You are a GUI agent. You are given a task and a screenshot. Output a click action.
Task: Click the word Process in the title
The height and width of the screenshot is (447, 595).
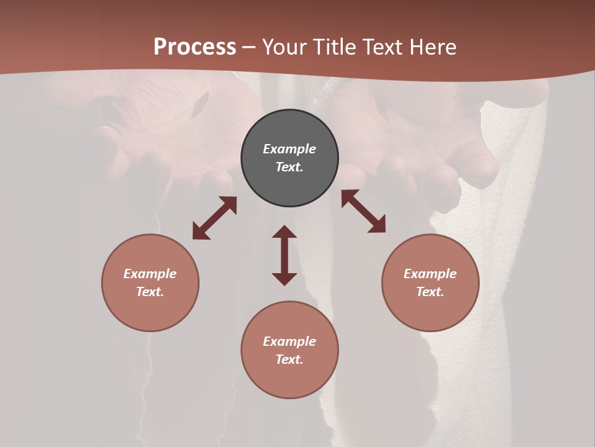(x=195, y=47)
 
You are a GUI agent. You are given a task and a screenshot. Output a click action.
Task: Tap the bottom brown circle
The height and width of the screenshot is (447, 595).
(x=289, y=379)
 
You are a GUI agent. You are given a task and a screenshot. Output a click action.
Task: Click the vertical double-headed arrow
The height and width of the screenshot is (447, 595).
(x=284, y=255)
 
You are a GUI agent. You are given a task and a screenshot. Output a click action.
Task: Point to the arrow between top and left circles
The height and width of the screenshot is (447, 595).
(x=214, y=218)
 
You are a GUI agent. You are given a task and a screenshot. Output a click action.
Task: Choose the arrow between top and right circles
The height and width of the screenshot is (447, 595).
(x=363, y=211)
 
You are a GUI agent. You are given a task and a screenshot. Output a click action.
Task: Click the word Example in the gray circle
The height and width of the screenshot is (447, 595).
(x=289, y=149)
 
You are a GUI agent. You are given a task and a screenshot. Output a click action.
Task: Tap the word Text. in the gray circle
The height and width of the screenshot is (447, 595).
(x=289, y=167)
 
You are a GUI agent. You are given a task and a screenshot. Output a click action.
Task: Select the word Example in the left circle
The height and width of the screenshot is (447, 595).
(x=150, y=274)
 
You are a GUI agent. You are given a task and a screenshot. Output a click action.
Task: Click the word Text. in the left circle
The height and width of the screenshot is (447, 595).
(x=150, y=292)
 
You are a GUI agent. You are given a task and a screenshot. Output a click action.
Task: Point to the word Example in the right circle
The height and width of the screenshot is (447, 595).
(x=430, y=274)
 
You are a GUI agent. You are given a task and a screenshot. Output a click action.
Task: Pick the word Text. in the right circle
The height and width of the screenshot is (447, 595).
(x=430, y=292)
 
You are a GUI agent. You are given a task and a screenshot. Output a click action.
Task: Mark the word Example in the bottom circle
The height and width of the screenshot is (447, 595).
(x=289, y=341)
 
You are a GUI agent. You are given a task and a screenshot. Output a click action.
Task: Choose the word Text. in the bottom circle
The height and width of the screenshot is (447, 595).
(x=289, y=359)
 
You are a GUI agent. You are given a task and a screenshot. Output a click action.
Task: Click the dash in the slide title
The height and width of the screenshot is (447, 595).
(x=249, y=48)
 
